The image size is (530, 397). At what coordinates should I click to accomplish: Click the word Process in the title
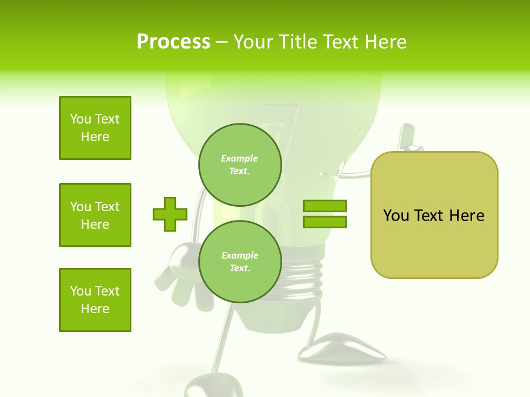click(173, 42)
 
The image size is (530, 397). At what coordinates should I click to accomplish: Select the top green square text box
click(95, 128)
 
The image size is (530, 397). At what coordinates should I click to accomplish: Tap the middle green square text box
click(95, 215)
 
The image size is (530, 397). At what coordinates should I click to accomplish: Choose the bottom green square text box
click(95, 300)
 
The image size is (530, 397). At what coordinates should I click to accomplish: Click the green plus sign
click(170, 214)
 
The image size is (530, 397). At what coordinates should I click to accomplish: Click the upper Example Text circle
click(240, 164)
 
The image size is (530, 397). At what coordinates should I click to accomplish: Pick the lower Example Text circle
click(240, 261)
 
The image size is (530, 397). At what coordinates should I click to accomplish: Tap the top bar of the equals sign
click(325, 206)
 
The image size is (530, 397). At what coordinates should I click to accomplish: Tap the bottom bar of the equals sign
click(325, 222)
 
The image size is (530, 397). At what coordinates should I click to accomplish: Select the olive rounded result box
click(434, 215)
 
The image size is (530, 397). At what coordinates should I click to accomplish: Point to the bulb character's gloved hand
click(184, 276)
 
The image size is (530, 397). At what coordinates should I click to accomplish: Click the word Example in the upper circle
click(240, 158)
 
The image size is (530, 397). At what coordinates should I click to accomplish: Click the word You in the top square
click(80, 119)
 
